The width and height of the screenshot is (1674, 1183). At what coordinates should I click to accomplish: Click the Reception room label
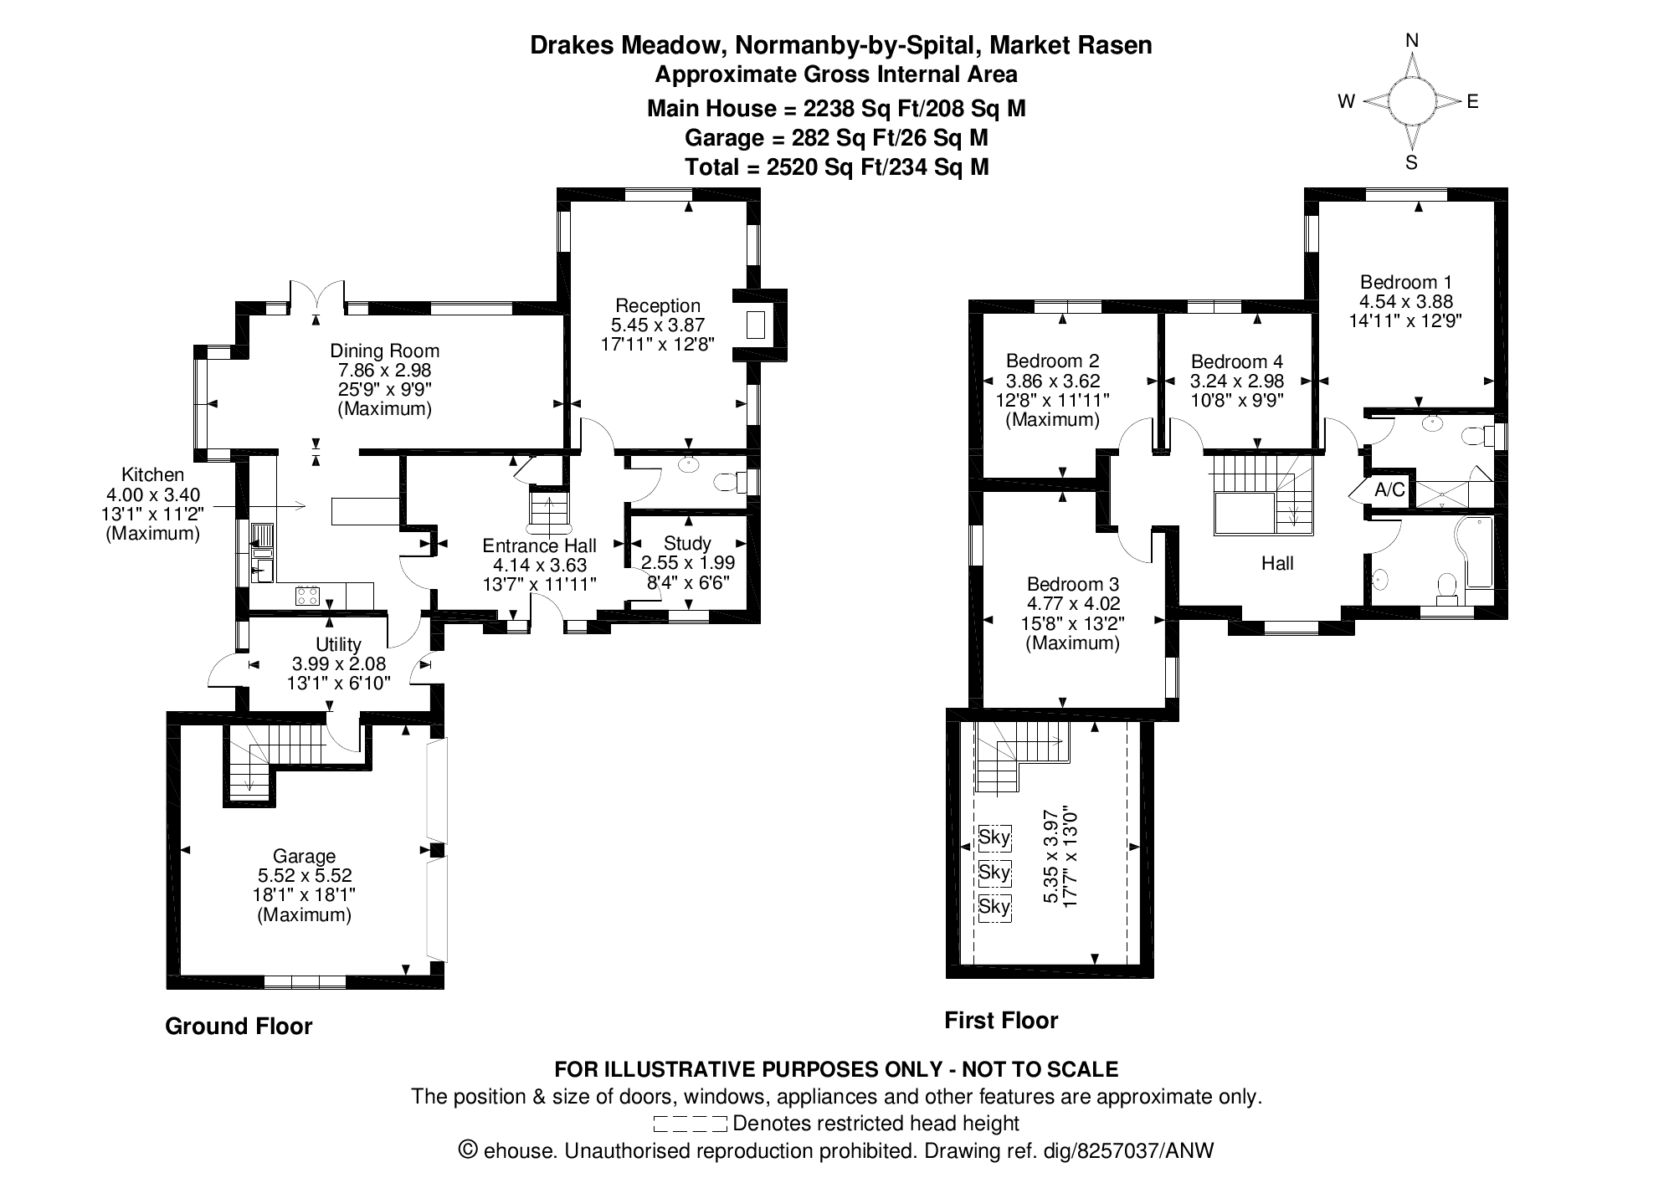click(657, 305)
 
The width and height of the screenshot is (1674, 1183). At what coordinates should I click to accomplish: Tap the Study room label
click(687, 544)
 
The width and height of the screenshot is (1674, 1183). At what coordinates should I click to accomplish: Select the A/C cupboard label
click(1389, 490)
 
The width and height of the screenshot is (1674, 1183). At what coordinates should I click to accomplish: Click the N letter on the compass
click(1412, 40)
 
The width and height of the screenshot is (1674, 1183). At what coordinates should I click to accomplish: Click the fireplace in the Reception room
click(756, 325)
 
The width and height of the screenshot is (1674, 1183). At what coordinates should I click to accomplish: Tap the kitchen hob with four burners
click(307, 596)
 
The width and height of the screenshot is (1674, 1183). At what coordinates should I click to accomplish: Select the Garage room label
click(304, 856)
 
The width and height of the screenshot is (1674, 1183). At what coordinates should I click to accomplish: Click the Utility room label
click(338, 644)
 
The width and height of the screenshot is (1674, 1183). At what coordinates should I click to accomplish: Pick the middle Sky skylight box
click(994, 872)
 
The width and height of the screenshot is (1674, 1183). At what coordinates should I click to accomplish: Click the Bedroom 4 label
click(1236, 361)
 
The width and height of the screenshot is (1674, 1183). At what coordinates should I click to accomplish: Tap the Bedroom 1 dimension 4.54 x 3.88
click(1406, 301)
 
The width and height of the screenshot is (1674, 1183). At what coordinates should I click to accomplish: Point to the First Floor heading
click(1001, 1021)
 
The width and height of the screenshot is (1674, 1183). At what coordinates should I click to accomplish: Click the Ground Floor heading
click(239, 1027)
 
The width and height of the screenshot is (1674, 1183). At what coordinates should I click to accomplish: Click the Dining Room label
click(384, 351)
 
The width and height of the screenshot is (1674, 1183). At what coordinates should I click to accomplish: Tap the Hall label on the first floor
click(1277, 563)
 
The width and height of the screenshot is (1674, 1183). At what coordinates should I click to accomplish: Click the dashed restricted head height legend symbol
click(691, 1124)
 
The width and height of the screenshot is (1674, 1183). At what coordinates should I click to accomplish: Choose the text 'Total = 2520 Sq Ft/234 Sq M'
click(837, 167)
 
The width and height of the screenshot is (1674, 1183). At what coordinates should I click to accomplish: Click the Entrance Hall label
click(539, 546)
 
